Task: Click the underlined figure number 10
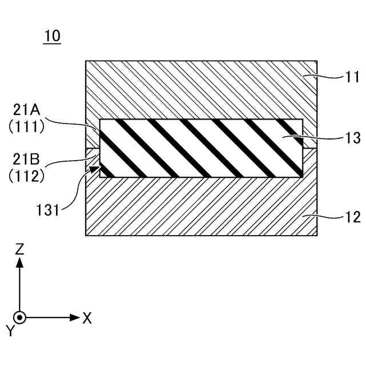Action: click(x=52, y=36)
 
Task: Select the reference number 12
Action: click(x=337, y=217)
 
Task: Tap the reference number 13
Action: click(x=337, y=138)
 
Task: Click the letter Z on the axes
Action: click(x=20, y=249)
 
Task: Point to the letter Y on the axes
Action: click(x=10, y=330)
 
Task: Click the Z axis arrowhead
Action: click(x=20, y=262)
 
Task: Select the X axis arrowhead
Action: click(x=74, y=317)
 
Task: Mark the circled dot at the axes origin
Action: click(x=20, y=317)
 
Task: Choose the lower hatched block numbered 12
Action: click(x=200, y=206)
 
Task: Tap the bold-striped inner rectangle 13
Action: click(x=200, y=148)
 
